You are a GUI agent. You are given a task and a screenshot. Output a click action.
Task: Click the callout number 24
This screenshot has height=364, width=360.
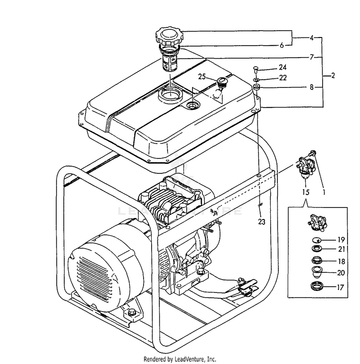click(282, 68)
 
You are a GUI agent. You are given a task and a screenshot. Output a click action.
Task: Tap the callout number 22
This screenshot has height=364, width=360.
click(282, 78)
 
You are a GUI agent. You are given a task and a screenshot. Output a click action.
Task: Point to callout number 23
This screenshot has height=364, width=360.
click(261, 208)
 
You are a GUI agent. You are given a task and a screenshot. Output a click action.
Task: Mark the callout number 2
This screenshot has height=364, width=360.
click(332, 75)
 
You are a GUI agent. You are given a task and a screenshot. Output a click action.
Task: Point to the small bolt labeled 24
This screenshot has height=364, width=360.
click(256, 70)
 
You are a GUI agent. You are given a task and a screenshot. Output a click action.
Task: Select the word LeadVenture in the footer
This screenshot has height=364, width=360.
click(191, 359)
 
